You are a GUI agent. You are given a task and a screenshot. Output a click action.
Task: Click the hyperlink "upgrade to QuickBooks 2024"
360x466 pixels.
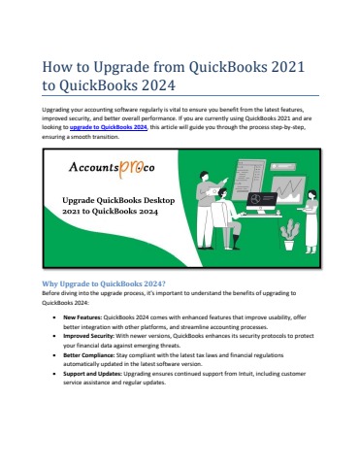point(109,127)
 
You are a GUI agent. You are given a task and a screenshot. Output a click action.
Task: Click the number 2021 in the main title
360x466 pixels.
point(288,67)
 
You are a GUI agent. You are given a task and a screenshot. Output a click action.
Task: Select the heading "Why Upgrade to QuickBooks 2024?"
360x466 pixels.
point(104,283)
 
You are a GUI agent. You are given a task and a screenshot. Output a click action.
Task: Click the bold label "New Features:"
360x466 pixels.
point(82,317)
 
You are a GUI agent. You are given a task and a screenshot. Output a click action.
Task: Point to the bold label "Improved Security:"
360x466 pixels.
point(88,336)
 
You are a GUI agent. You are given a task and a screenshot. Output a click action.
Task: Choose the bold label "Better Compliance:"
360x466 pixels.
point(89,355)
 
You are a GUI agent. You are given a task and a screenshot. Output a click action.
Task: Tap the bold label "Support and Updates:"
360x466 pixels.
point(92,374)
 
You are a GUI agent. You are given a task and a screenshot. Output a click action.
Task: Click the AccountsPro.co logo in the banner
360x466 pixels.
point(112,168)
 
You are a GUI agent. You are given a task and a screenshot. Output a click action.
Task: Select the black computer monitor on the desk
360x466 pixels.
point(261,203)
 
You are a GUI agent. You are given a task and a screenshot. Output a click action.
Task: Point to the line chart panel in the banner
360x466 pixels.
point(288,190)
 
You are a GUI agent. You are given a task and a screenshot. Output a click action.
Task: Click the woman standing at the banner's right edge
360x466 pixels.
point(311,221)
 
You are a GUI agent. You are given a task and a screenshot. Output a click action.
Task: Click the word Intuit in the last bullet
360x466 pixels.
point(245,374)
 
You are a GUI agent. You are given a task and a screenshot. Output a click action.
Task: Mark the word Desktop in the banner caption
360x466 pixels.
point(159,201)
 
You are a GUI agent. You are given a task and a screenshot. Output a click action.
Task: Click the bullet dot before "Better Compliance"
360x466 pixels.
point(55,355)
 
